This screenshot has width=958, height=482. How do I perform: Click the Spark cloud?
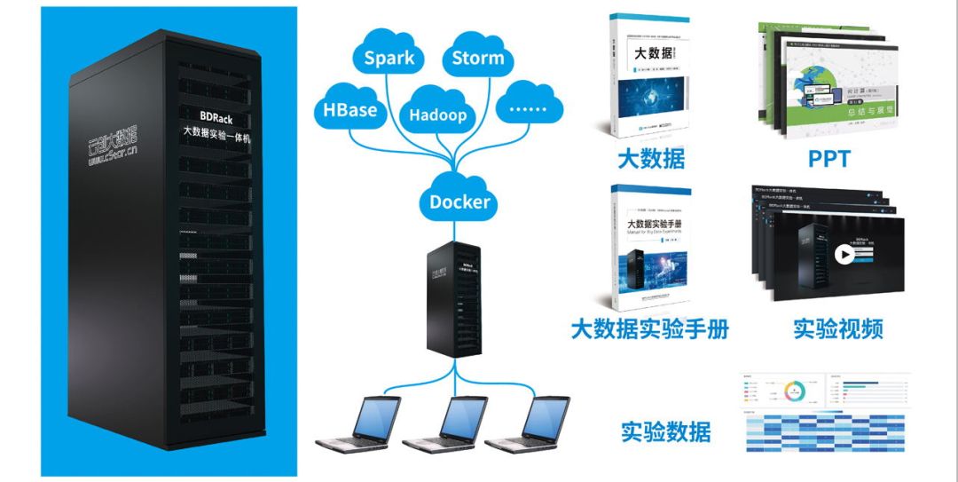389,59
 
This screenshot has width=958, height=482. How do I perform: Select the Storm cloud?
477,59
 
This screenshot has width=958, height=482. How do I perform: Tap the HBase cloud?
349,111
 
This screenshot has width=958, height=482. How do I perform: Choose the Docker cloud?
459,201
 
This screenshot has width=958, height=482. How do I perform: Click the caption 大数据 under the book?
651,160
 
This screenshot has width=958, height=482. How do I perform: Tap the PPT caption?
828,160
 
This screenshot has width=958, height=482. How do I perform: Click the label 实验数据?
665,432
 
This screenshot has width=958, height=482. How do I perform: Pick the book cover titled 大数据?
651,80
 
